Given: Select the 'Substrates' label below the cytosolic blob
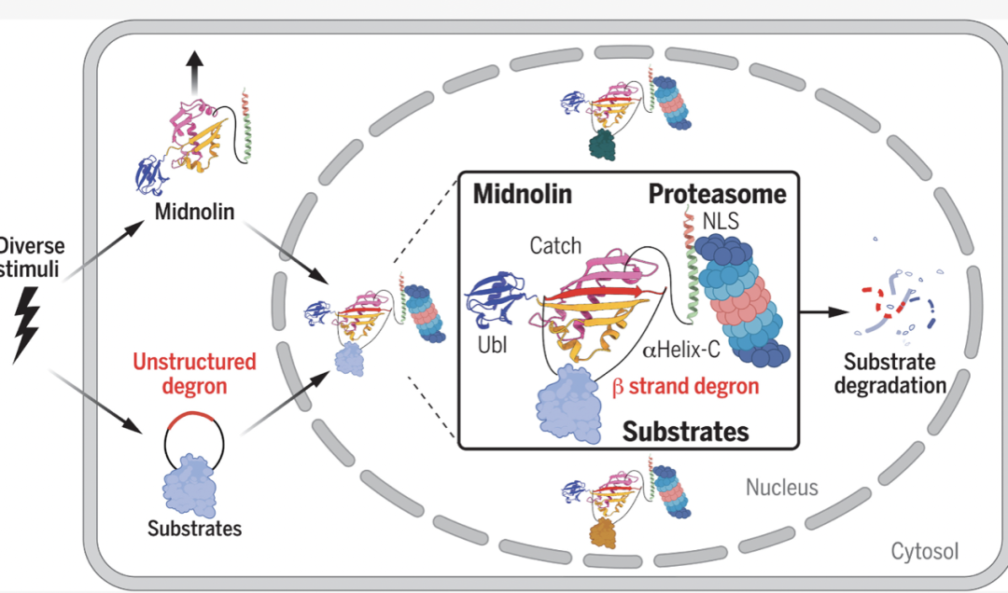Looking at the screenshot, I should click(x=194, y=529).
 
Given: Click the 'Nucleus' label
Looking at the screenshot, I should click(x=782, y=487).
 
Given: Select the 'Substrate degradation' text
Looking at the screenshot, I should click(x=896, y=373).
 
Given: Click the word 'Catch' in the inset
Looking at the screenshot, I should click(x=556, y=247).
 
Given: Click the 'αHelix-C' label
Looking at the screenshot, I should click(x=675, y=351).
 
